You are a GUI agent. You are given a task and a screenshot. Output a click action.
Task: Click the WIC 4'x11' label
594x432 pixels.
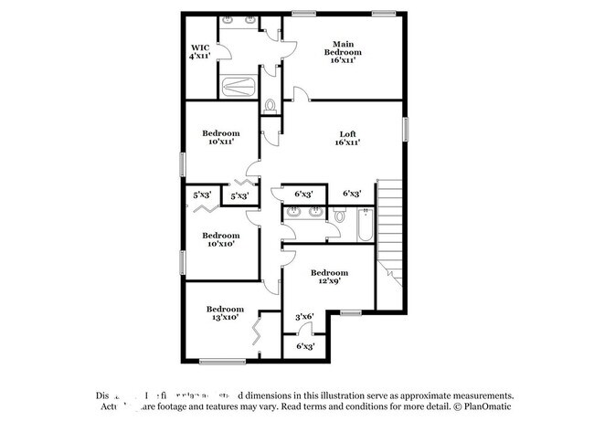point(200,51)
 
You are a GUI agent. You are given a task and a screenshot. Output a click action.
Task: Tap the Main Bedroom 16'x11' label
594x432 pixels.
point(343,51)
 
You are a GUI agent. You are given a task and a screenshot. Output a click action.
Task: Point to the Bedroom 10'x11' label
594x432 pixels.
point(221,138)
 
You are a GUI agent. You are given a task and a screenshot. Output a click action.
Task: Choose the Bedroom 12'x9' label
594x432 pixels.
point(329,277)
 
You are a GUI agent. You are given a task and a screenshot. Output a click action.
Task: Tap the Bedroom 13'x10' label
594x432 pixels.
point(224,313)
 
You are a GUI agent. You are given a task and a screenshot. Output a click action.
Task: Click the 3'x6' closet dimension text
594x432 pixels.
point(304,317)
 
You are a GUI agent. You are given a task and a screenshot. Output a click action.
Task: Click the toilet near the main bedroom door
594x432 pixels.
point(270,107)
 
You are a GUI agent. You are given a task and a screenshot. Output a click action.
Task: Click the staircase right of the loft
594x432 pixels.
point(390,228)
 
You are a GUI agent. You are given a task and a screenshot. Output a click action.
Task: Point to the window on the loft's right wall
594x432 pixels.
point(405,128)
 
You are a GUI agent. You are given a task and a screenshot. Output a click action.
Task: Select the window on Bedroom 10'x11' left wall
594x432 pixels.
point(183,163)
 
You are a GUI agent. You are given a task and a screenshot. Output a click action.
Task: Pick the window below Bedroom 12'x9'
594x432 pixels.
point(352,312)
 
